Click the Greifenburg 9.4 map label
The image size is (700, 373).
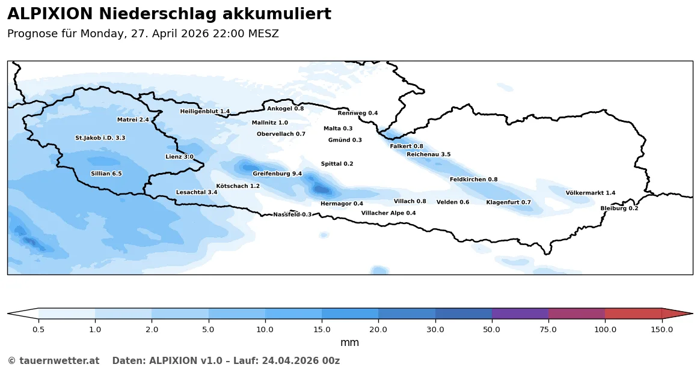coord(277,174)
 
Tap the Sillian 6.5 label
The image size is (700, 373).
coord(106,174)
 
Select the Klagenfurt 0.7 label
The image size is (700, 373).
coord(509,202)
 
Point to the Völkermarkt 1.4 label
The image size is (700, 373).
coord(591,193)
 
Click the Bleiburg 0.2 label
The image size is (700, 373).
coord(619,208)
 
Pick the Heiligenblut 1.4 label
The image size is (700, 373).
coord(205,111)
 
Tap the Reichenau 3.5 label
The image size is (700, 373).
coord(429,154)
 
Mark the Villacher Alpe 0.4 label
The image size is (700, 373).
coord(388,213)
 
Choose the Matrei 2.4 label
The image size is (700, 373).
coord(133,120)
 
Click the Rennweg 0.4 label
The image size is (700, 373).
coord(358,113)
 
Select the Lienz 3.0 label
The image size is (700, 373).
coord(180,157)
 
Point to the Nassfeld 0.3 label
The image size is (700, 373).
coord(293,214)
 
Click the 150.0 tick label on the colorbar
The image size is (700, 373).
coord(662,329)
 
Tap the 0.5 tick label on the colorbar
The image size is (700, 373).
coord(38,329)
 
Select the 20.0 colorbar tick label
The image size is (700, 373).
coord(378,329)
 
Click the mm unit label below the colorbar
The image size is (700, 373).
coord(349,343)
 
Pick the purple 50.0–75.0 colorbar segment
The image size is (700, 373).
coord(520,314)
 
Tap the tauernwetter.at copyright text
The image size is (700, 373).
coord(54,361)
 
